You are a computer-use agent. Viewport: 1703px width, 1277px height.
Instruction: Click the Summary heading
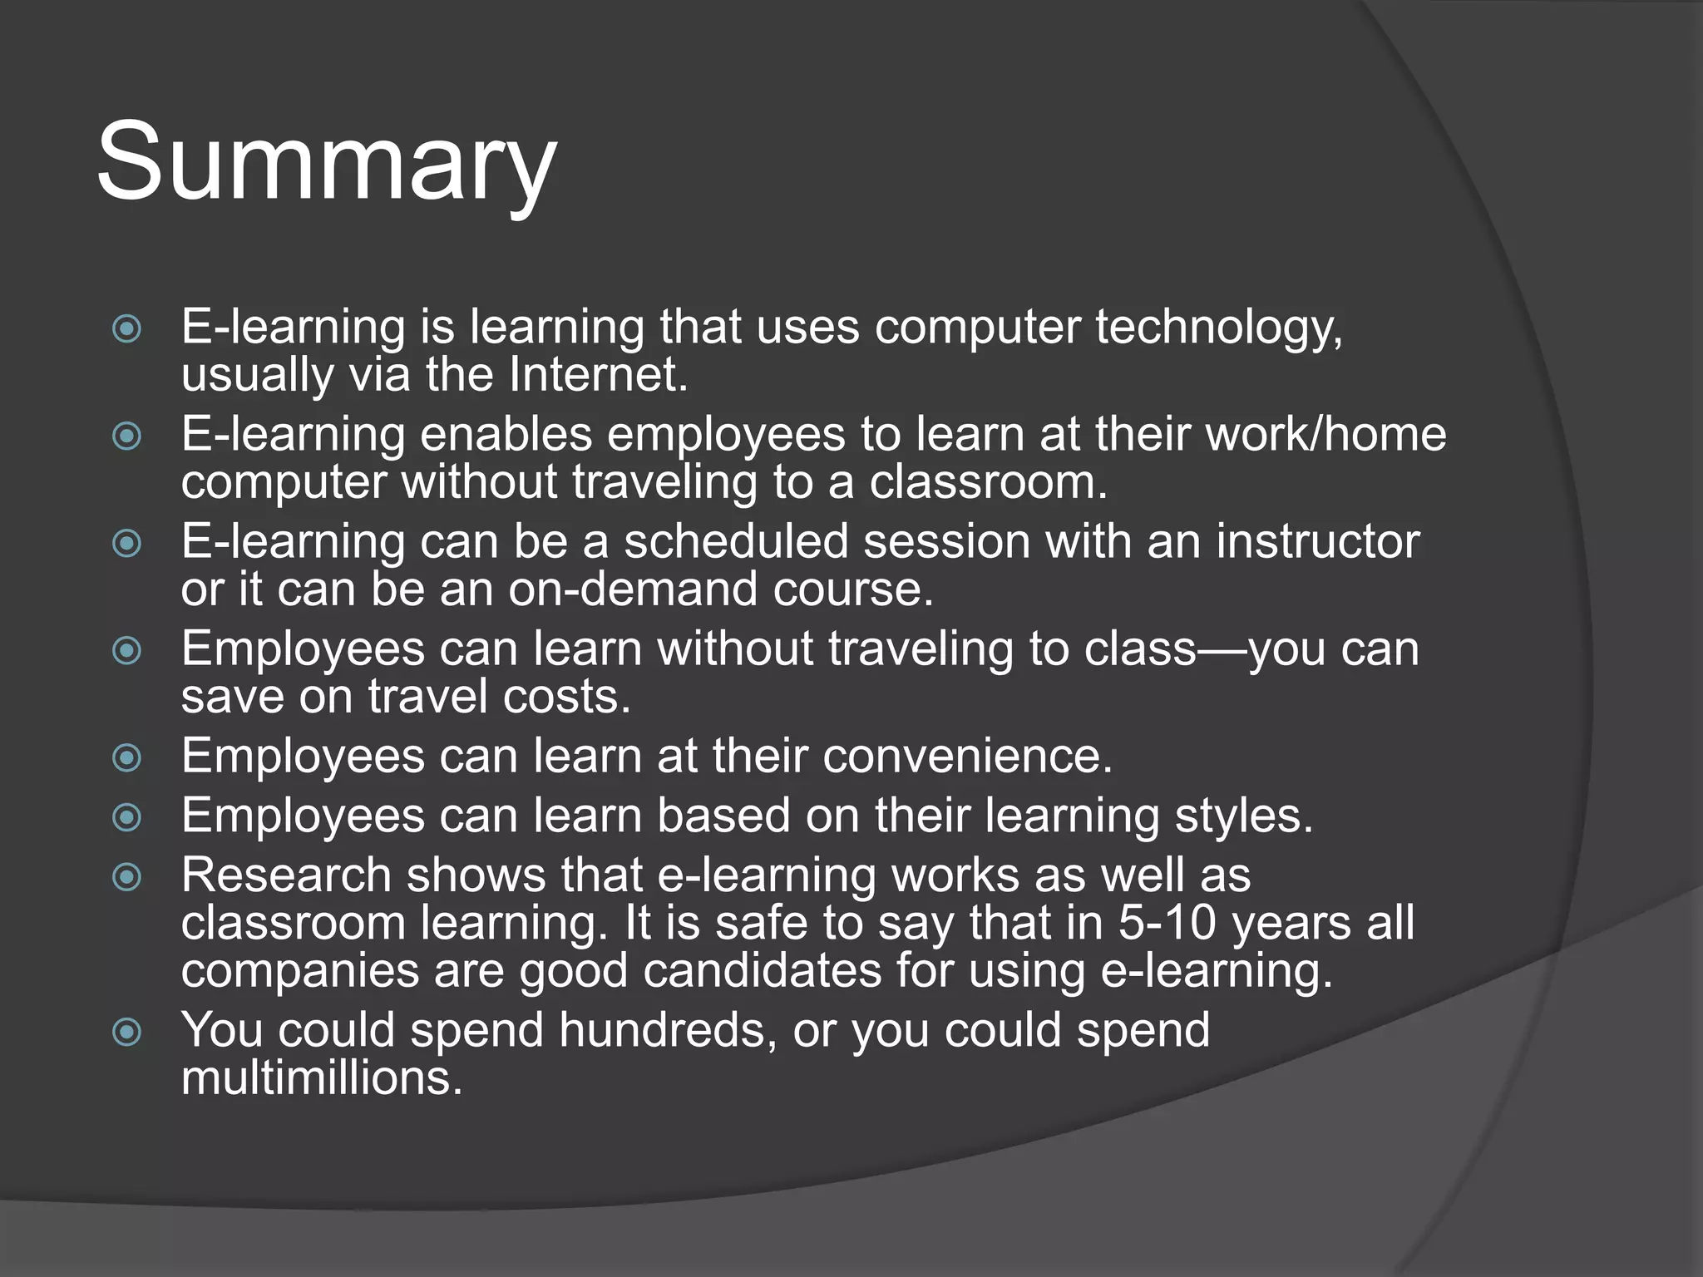coord(326,162)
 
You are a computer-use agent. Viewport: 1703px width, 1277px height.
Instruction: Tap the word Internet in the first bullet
coord(599,375)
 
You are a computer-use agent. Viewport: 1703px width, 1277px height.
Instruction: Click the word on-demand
coord(633,589)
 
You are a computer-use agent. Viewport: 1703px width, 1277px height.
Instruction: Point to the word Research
coord(286,875)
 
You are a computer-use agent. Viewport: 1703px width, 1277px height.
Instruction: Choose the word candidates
coord(762,971)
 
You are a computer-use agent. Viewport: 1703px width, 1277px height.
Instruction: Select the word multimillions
coord(321,1078)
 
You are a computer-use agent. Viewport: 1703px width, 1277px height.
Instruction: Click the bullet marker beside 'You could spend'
coord(126,1033)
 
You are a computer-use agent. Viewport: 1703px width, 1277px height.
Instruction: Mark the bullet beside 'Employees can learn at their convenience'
coord(126,757)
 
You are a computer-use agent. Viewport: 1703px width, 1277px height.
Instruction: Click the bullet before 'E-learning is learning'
coord(126,328)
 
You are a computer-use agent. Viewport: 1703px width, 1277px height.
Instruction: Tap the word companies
coord(299,971)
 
